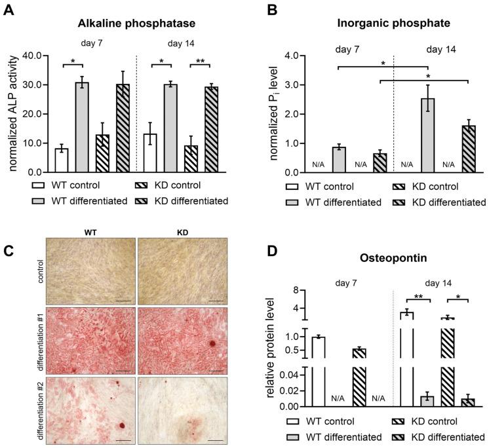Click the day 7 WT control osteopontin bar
[318, 371]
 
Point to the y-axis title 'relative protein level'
[271, 347]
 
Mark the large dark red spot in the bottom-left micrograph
[122, 427]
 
